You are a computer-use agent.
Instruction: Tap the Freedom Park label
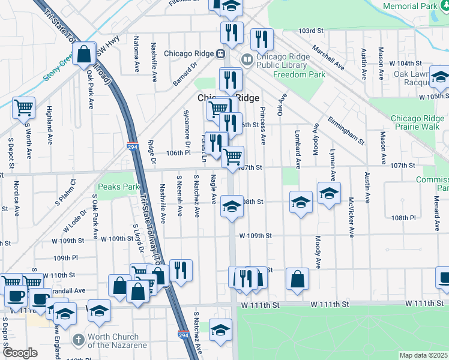point(299,75)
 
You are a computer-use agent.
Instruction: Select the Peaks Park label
point(118,187)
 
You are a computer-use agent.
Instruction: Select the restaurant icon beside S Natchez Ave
point(181,269)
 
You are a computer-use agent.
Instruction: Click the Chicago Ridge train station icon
point(220,53)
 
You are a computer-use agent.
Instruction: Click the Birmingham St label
point(346,130)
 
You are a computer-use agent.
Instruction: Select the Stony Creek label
point(58,70)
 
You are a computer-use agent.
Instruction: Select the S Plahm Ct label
point(74,187)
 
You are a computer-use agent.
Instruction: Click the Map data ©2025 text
point(424,355)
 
